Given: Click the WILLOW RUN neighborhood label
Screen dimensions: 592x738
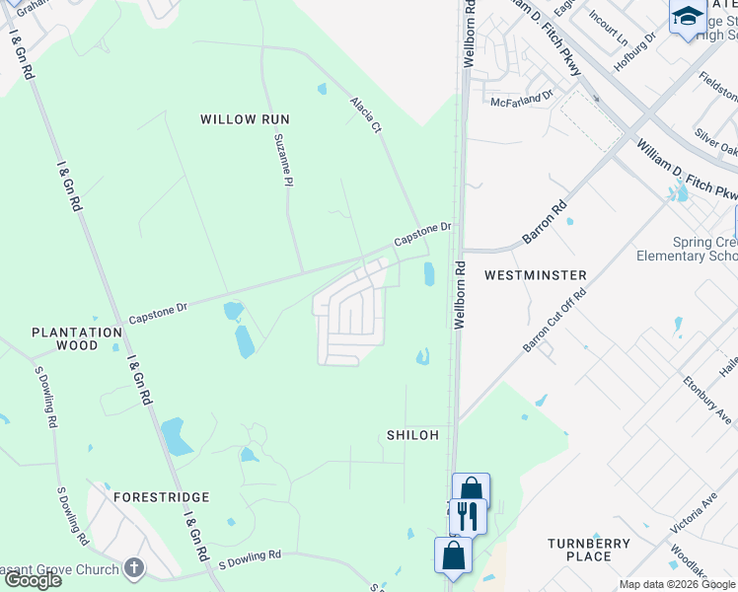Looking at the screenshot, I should [245, 119].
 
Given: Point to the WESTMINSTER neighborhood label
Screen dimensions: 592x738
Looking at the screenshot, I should [536, 275].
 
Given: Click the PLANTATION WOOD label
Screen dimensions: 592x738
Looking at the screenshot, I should [77, 339].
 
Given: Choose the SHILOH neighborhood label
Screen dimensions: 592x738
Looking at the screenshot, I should [410, 435].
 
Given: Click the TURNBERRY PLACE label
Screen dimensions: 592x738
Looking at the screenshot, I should [589, 550].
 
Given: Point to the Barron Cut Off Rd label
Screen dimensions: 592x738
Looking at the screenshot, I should [554, 319].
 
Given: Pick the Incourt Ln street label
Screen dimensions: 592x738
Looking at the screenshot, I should [608, 30].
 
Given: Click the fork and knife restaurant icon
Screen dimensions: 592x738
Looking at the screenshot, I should [467, 514].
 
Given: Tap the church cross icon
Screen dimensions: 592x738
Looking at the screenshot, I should [134, 568].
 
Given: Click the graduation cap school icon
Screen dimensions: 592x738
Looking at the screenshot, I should [687, 16].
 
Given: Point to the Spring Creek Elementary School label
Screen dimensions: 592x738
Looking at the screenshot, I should [687, 249].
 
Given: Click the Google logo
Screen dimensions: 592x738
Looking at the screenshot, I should [34, 580].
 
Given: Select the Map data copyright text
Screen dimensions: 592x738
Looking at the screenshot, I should [677, 584].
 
